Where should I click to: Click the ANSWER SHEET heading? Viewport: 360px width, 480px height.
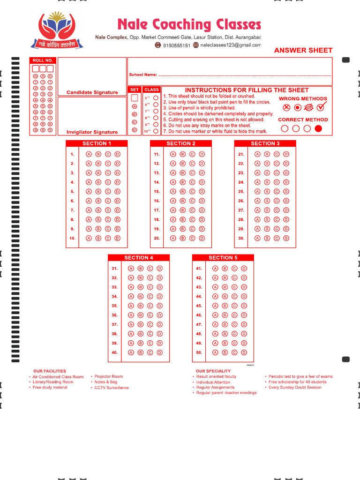pos(303,50)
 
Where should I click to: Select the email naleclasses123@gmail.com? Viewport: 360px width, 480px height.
pos(230,45)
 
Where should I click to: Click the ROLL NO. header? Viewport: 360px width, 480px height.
pos(43,60)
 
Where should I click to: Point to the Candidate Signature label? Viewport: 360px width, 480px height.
pos(92,92)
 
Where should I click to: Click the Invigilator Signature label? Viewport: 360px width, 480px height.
pos(92,132)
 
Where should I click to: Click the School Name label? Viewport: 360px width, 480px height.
pos(143,75)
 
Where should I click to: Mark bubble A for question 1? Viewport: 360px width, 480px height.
pos(89,154)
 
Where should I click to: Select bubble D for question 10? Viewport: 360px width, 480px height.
pos(118,238)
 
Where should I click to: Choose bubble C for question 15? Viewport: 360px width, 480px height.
pos(192,192)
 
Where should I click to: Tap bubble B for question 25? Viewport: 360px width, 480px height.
pos(267,192)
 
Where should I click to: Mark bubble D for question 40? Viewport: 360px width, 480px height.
pos(160,352)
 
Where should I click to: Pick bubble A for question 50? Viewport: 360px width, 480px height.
pos(215,352)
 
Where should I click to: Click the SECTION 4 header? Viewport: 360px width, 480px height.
pos(139,258)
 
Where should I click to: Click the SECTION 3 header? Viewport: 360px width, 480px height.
pos(265,143)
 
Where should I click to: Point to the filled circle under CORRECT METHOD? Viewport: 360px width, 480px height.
pos(319,129)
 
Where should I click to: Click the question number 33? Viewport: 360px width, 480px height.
pos(114,287)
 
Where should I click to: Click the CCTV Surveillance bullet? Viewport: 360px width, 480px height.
pos(112,388)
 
